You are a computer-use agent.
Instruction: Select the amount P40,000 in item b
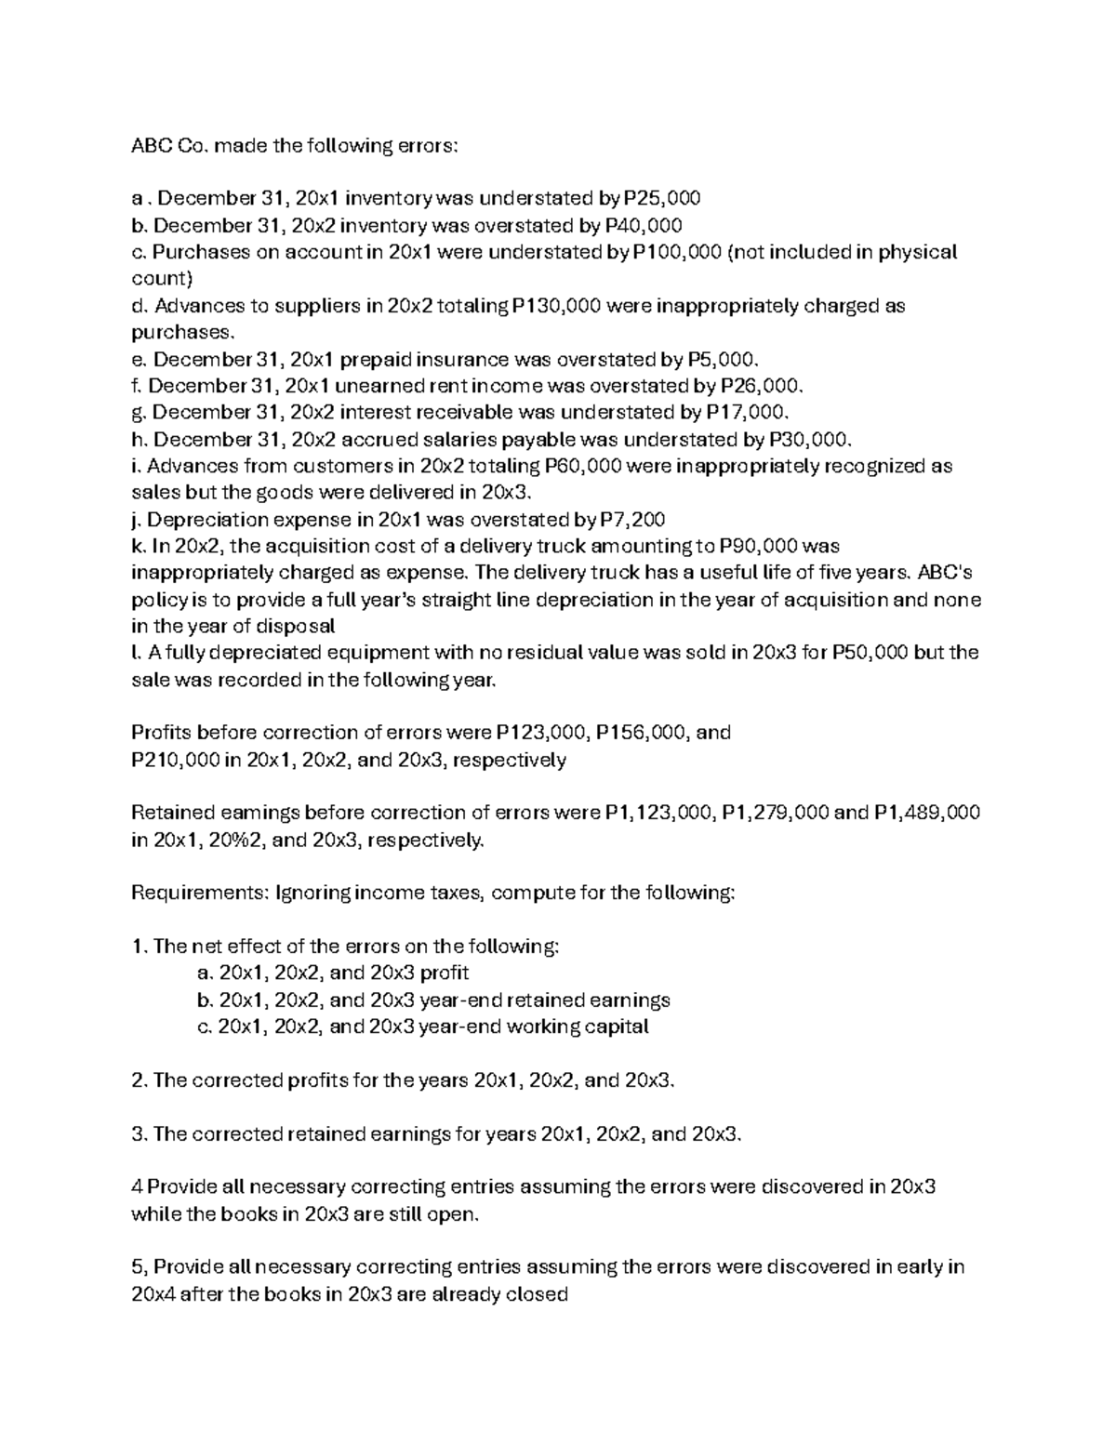pyautogui.click(x=644, y=225)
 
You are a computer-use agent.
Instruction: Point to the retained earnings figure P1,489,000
pyautogui.click(x=927, y=814)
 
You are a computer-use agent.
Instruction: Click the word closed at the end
pyautogui.click(x=536, y=1293)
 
